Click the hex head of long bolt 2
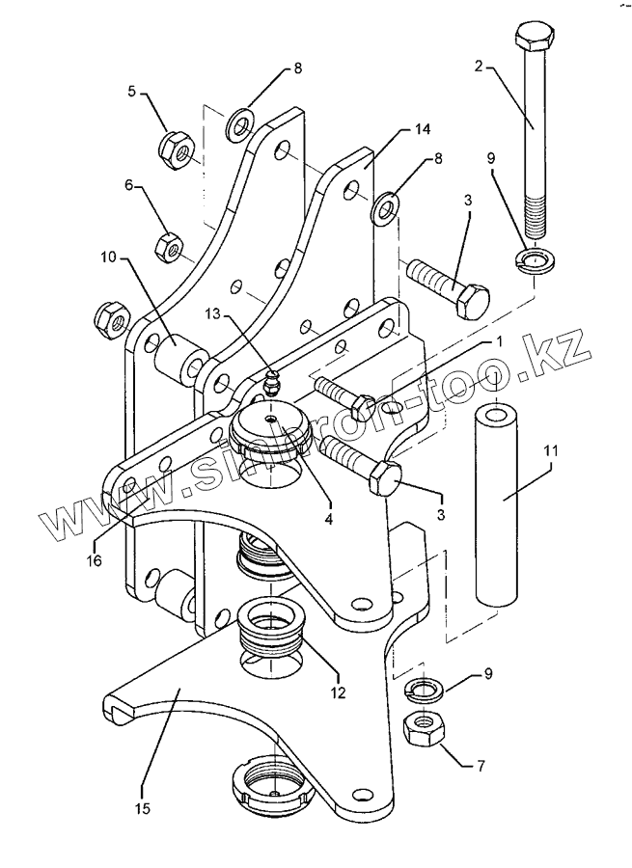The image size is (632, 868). [x=533, y=40]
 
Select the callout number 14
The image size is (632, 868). [x=423, y=128]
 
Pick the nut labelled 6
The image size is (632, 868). [x=172, y=246]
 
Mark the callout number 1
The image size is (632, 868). [x=500, y=340]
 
